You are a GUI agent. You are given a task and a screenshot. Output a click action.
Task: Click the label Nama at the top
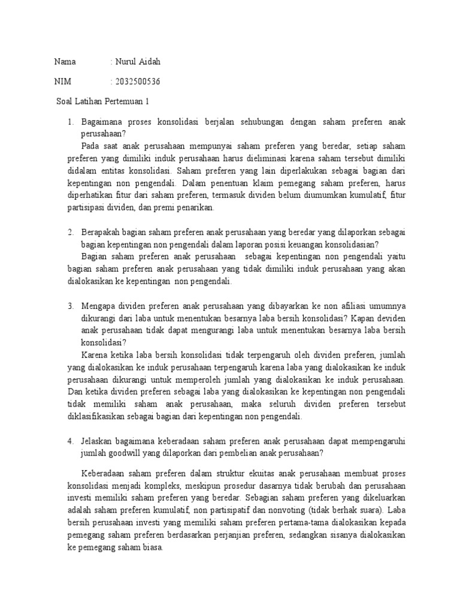click(x=65, y=62)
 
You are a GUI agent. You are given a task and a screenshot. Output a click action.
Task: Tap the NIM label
click(x=63, y=82)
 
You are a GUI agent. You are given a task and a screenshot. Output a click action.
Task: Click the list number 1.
click(x=70, y=122)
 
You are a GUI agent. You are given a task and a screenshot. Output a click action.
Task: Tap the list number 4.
click(x=70, y=441)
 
